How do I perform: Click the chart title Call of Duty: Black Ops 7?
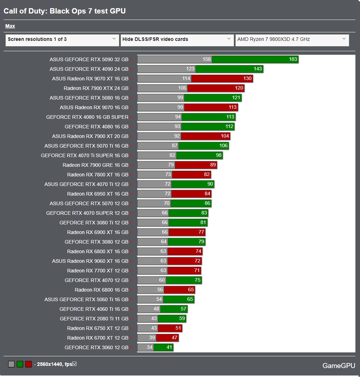pyautogui.click(x=65, y=11)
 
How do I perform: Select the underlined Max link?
pyautogui.click(x=10, y=26)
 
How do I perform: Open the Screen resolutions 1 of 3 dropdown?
pyautogui.click(x=62, y=39)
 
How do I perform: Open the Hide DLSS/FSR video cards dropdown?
pyautogui.click(x=177, y=39)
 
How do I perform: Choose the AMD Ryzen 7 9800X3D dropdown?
pyautogui.click(x=292, y=39)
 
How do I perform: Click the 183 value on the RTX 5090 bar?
pyautogui.click(x=293, y=59)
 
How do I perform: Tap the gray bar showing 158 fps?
pyautogui.click(x=174, y=59)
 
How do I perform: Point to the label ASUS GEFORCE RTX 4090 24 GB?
pyautogui.click(x=89, y=69)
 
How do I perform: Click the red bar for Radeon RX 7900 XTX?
pyautogui.click(x=216, y=88)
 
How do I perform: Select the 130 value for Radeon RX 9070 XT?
pyautogui.click(x=247, y=79)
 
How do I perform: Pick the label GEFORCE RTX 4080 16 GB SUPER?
pyautogui.click(x=87, y=117)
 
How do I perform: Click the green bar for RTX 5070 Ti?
pyautogui.click(x=203, y=146)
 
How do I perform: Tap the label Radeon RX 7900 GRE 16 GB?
pyautogui.click(x=95, y=165)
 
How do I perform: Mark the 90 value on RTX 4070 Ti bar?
pyautogui.click(x=210, y=184)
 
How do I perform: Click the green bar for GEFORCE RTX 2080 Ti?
pyautogui.click(x=172, y=319)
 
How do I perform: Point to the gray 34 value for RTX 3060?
pyautogui.click(x=149, y=347)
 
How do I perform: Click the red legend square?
pyautogui.click(x=28, y=364)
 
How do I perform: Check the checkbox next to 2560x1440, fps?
pyautogui.click(x=74, y=364)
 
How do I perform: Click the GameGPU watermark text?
pyautogui.click(x=338, y=366)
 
